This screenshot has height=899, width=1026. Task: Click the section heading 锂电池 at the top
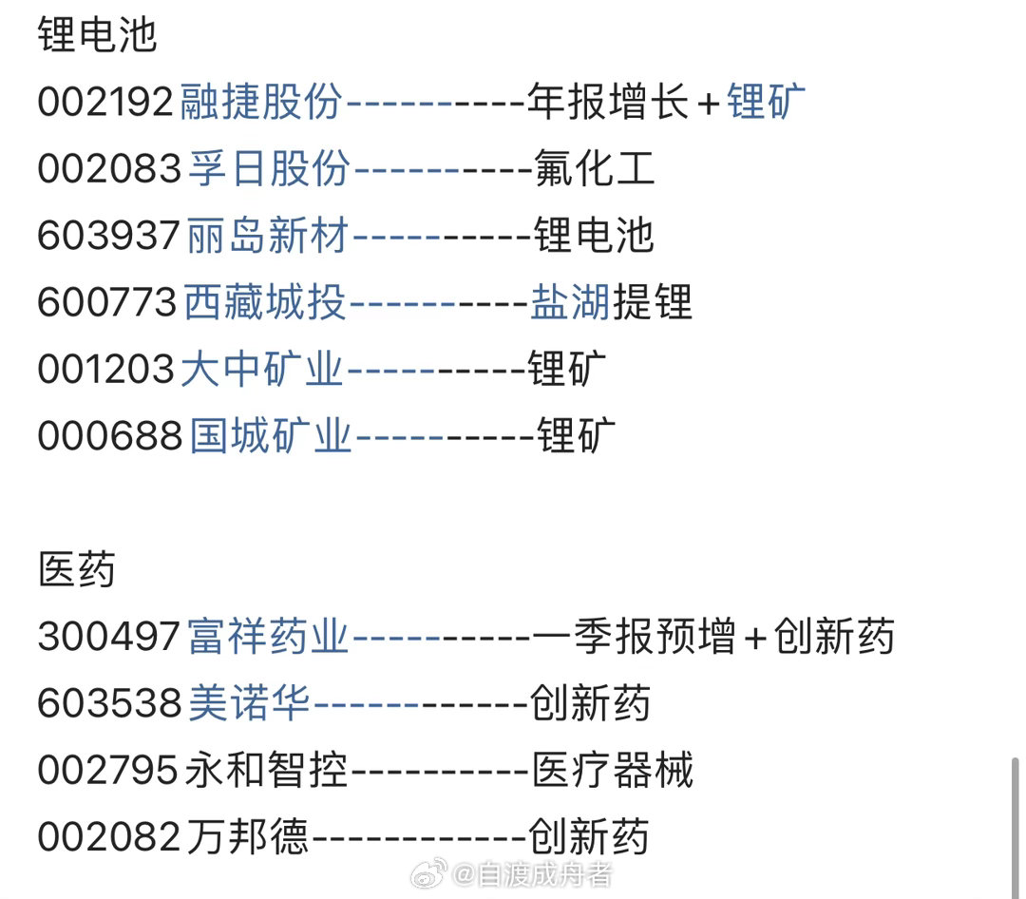[x=97, y=35]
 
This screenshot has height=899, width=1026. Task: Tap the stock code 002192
[x=106, y=102]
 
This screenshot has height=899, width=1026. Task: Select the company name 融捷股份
[x=260, y=102]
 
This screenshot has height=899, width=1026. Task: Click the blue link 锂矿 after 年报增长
[x=766, y=102]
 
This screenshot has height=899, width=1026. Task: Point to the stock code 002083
[x=108, y=169]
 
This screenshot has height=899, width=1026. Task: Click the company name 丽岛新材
[x=268, y=236]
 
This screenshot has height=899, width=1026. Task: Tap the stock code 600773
[x=106, y=303]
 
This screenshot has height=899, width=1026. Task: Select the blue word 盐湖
[x=569, y=303]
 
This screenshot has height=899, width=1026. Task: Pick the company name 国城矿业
[x=270, y=436]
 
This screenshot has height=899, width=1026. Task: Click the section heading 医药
[x=77, y=570]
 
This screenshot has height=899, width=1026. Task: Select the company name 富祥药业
[x=268, y=637]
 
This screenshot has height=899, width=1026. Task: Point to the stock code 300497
[x=108, y=637]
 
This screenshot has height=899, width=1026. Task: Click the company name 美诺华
[x=249, y=704]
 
